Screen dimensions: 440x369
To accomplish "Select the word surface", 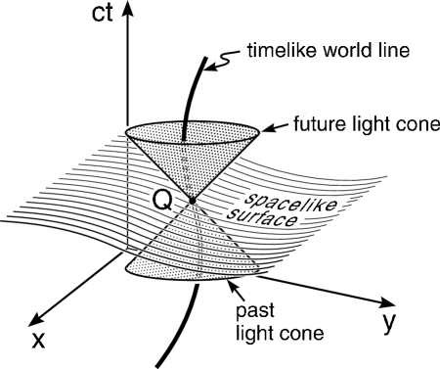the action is point(266,219).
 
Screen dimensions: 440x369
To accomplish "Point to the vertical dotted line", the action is point(127,191).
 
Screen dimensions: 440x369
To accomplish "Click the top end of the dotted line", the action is point(127,141).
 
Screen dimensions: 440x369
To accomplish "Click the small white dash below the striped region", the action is point(197,282).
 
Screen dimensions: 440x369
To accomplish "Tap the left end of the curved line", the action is point(2,221).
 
